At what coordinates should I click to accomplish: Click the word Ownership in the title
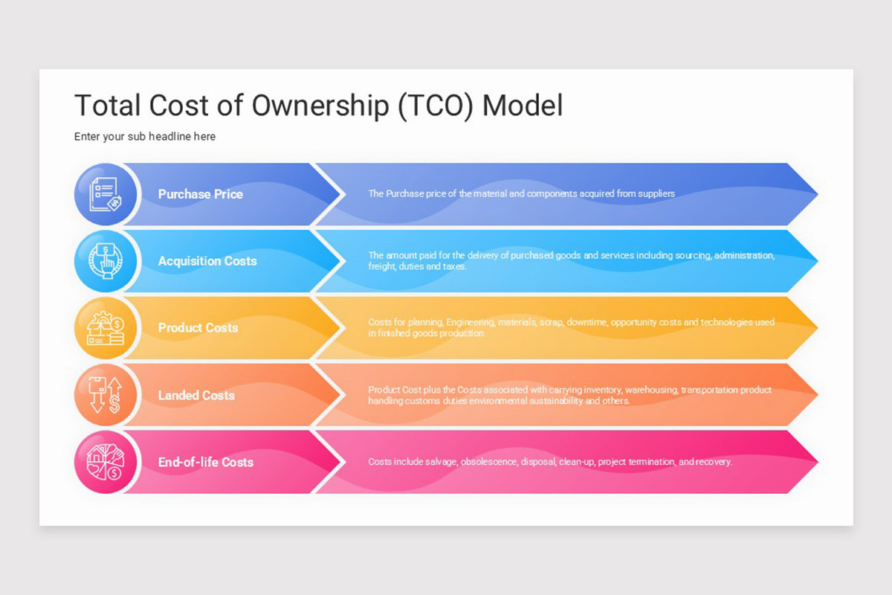click(320, 106)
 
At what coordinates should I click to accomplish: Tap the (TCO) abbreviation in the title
click(435, 106)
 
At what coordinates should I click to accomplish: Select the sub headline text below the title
click(145, 137)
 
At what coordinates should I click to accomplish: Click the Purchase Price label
click(200, 194)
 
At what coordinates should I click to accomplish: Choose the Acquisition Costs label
click(207, 261)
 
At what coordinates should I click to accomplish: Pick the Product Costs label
click(198, 328)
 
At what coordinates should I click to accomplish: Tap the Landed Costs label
click(196, 395)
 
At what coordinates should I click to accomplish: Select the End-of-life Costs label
click(206, 462)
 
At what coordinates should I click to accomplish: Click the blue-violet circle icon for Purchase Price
click(106, 194)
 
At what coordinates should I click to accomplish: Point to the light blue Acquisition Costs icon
click(106, 261)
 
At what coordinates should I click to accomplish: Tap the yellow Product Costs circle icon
click(106, 328)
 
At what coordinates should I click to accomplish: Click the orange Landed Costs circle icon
click(106, 395)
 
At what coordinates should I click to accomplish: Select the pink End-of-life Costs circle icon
click(106, 462)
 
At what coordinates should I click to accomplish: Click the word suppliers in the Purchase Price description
click(655, 193)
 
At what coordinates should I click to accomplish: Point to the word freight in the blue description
click(381, 266)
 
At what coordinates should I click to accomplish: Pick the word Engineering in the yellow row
click(470, 323)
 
